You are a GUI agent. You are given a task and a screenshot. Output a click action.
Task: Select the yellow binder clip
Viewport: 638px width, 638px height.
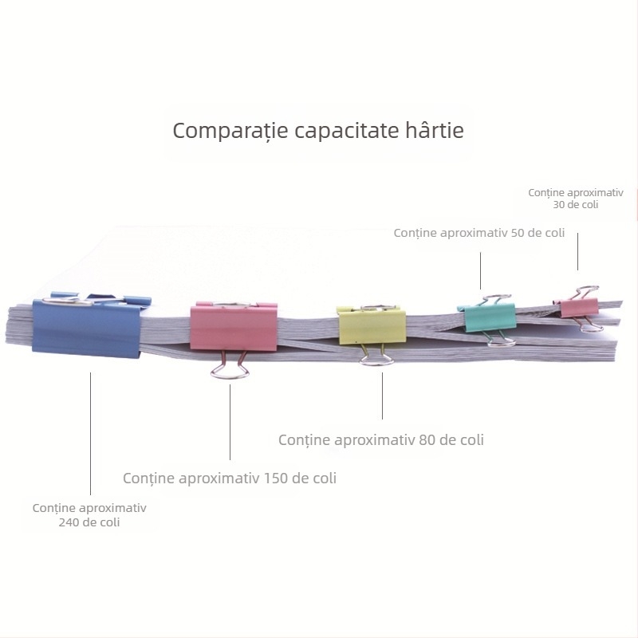[x=372, y=326]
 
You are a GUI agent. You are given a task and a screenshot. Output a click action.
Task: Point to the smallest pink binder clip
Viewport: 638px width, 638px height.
[x=577, y=307]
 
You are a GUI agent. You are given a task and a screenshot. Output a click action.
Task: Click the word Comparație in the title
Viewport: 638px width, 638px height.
[x=230, y=131]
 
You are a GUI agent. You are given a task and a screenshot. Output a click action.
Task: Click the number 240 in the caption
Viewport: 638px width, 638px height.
[x=68, y=522]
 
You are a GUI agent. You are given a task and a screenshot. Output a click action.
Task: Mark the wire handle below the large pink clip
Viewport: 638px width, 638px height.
[x=230, y=366]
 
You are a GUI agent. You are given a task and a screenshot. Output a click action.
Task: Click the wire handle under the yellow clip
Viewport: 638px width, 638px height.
[x=376, y=355]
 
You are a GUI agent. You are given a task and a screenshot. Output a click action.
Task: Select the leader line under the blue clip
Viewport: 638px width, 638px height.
[x=90, y=433]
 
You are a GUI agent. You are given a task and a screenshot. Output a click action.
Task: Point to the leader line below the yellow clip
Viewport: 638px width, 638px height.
[x=382, y=396]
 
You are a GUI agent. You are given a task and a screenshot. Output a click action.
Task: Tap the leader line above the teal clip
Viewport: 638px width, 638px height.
[x=480, y=270]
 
